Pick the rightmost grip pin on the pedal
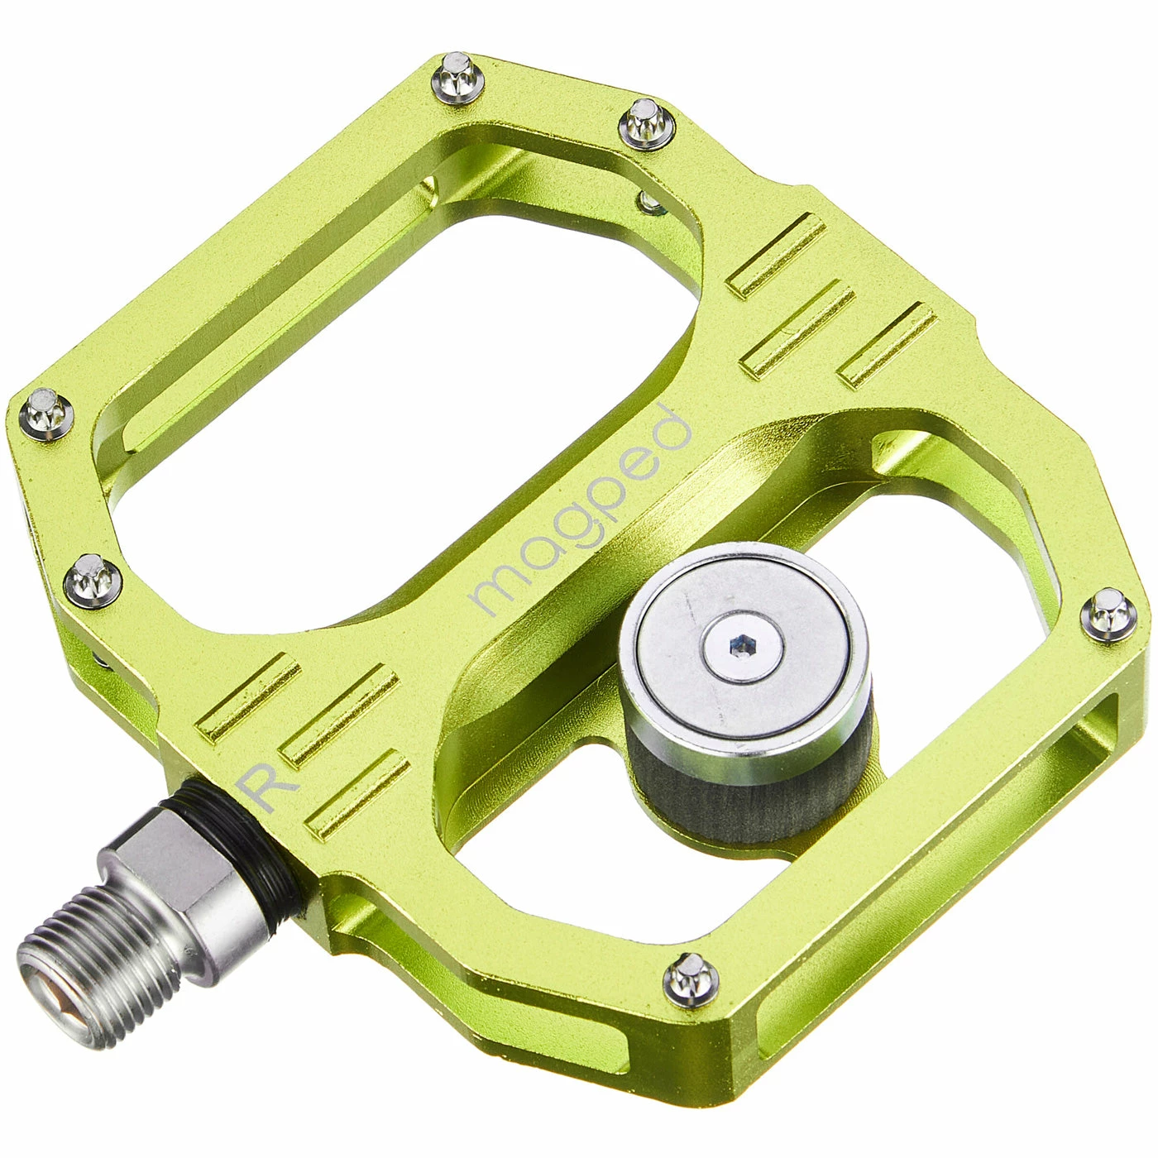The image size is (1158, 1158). click(1108, 614)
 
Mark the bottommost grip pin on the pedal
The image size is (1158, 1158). click(690, 977)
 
